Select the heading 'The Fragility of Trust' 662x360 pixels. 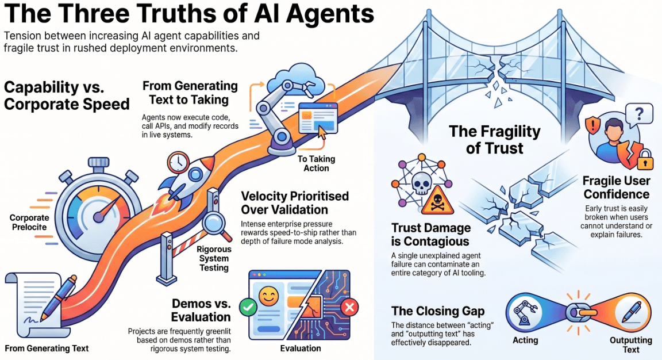pos(495,140)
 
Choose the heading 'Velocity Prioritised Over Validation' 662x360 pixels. pos(295,202)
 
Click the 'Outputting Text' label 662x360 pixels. pos(630,344)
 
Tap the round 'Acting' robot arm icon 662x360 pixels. pos(525,315)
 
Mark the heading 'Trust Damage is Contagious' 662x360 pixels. pos(430,235)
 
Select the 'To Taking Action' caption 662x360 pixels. pos(316,163)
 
